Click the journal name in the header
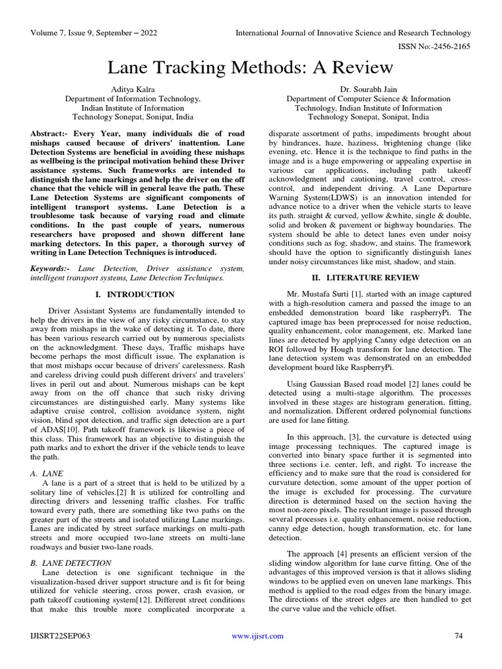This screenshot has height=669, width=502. (353, 32)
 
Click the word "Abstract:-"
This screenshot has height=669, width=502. (51, 133)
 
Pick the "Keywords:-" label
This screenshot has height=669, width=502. (52, 269)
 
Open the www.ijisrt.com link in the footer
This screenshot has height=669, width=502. (258, 636)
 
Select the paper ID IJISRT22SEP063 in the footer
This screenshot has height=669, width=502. (61, 636)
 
